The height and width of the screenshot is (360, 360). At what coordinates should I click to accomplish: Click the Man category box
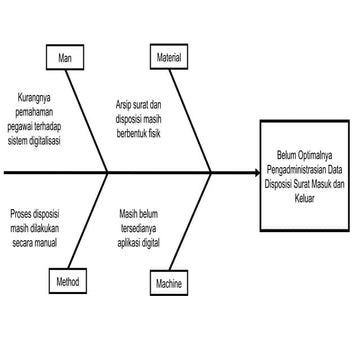click(65, 57)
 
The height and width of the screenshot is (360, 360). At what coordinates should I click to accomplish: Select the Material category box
click(169, 57)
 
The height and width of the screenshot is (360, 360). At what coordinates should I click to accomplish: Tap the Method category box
click(68, 281)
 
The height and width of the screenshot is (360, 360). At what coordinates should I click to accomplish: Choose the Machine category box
click(169, 283)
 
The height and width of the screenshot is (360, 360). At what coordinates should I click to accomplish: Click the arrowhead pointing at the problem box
click(257, 173)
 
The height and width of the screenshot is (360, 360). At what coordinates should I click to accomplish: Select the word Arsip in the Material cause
click(124, 106)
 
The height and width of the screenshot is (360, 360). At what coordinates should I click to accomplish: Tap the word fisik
click(155, 134)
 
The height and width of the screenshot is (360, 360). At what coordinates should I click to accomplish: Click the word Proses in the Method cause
click(21, 214)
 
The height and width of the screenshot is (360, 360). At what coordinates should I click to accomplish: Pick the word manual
click(46, 243)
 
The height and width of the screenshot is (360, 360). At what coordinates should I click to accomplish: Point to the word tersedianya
click(138, 229)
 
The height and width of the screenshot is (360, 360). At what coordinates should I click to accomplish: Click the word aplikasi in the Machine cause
click(128, 243)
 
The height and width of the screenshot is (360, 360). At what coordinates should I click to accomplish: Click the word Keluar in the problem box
click(305, 199)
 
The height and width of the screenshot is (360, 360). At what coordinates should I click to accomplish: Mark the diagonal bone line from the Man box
click(86, 121)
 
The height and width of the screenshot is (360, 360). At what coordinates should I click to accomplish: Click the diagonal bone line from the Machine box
click(190, 222)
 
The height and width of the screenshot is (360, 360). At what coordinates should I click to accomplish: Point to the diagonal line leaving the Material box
click(190, 121)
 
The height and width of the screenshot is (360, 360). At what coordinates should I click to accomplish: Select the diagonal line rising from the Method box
click(88, 221)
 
